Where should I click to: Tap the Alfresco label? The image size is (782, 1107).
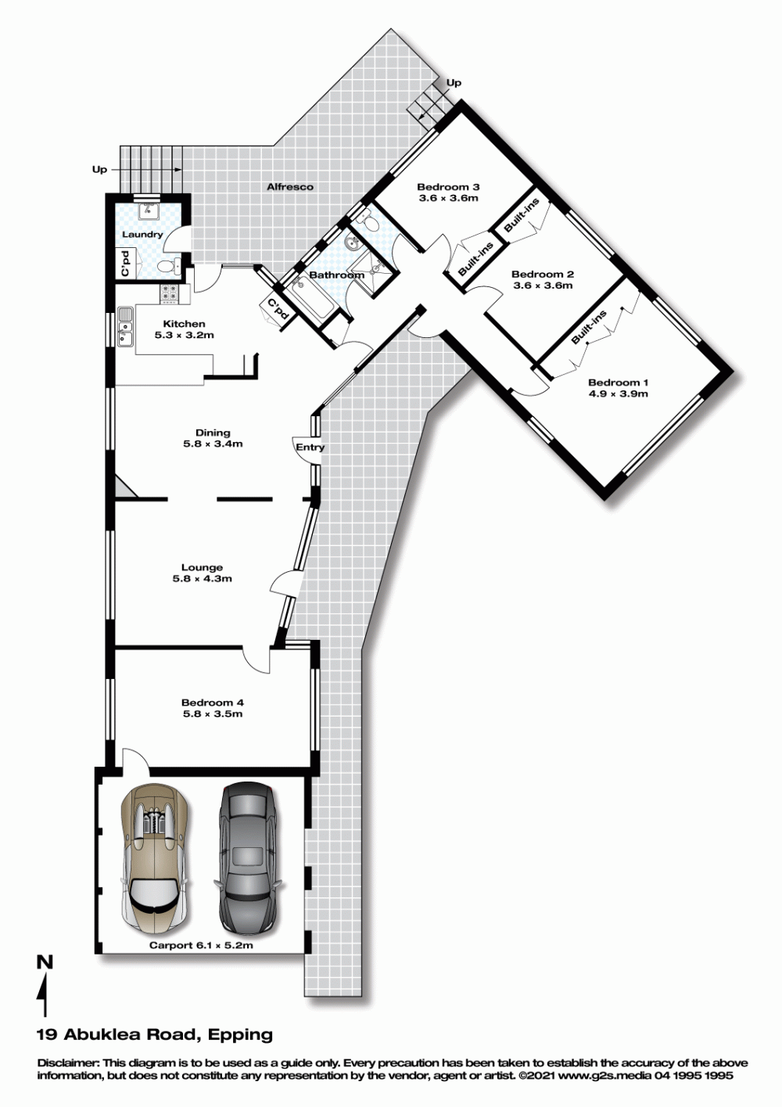tap(290, 187)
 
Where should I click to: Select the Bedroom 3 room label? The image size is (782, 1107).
tap(448, 187)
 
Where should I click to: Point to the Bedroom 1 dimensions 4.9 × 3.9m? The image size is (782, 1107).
tap(618, 394)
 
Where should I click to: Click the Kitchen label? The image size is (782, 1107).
tap(185, 324)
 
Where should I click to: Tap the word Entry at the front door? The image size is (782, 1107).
tap(310, 447)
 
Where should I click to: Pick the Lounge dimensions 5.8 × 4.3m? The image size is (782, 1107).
tap(202, 579)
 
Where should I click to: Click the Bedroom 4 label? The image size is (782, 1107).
tap(213, 703)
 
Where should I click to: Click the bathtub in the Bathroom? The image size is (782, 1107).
tap(311, 297)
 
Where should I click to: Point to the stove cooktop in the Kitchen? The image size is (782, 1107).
tap(170, 293)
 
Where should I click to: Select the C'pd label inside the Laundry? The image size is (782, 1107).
tap(125, 264)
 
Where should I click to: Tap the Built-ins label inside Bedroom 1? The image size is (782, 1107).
tap(589, 327)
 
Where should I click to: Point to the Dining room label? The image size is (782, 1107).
tap(213, 433)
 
